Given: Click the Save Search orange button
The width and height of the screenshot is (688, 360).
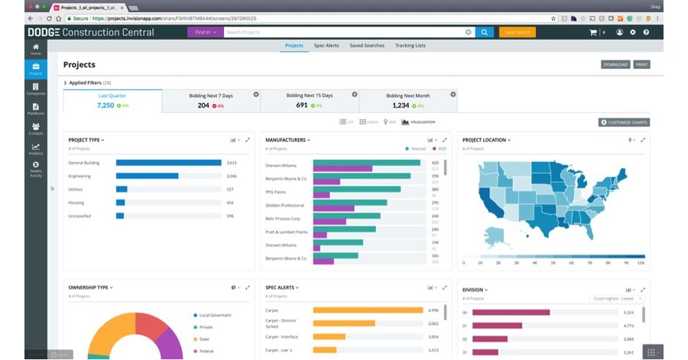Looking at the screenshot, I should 517,32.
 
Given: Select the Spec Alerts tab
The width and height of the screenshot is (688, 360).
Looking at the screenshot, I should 326,46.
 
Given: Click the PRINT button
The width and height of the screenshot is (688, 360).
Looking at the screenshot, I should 642,65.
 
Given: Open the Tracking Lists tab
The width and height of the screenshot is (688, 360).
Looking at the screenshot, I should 410,46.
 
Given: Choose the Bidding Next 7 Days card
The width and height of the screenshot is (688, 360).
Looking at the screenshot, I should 210,100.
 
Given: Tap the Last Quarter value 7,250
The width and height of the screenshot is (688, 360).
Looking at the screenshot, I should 105,105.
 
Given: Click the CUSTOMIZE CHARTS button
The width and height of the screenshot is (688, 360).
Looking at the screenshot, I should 624,122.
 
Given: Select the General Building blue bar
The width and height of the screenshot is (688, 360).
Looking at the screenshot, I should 168,163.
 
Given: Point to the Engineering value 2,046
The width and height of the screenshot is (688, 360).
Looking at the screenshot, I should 232,176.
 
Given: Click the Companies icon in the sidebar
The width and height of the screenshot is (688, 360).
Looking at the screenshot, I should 36,89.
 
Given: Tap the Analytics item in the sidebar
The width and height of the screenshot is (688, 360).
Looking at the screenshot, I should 36,149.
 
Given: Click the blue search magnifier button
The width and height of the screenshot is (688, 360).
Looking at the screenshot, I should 485,32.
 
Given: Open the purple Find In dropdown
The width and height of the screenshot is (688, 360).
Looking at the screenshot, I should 205,32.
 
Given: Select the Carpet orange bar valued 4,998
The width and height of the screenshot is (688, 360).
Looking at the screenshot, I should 368,310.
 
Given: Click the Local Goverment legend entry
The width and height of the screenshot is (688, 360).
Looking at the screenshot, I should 216,315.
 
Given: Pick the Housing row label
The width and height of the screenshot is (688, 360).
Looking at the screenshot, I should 76,203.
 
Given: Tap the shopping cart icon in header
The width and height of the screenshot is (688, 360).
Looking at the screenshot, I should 592,32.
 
